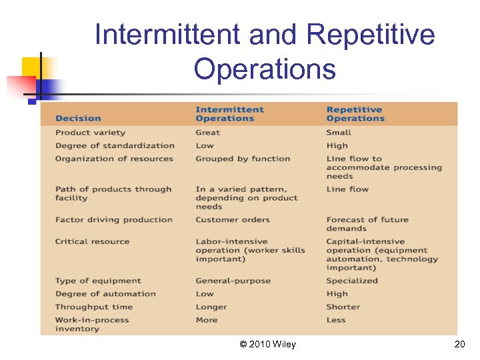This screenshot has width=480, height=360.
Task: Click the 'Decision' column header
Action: click(78, 119)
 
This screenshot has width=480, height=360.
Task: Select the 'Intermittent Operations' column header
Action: click(229, 114)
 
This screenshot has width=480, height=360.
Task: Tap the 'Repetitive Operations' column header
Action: click(355, 114)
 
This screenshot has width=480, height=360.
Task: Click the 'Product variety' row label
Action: click(90, 133)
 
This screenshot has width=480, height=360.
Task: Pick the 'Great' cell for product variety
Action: click(207, 133)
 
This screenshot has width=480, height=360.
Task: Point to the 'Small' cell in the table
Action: click(339, 133)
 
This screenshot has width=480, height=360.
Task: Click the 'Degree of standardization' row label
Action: click(115, 145)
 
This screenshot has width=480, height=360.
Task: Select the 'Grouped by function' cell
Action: click(243, 159)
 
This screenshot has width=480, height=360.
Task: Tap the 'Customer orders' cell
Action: click(233, 219)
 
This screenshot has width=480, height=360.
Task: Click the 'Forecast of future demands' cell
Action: click(367, 224)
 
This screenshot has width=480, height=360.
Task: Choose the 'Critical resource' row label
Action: click(92, 241)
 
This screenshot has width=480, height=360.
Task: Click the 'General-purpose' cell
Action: click(233, 281)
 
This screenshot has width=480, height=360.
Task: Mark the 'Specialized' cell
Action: click(352, 281)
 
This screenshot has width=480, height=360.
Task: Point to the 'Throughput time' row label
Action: click(93, 307)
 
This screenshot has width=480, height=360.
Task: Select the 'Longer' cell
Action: click(211, 307)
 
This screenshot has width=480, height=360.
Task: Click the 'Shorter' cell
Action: click(343, 307)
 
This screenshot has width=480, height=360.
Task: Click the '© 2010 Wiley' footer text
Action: click(267, 344)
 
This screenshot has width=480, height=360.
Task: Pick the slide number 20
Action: click(459, 344)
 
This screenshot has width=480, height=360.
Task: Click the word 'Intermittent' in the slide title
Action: click(169, 35)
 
